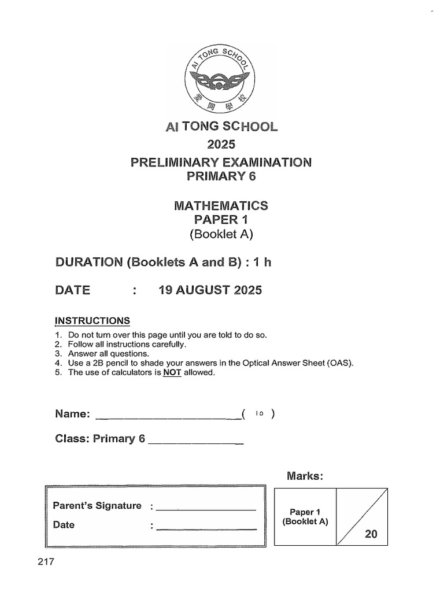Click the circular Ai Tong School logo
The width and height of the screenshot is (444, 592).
click(221, 77)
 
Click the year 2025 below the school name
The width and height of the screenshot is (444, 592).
click(221, 144)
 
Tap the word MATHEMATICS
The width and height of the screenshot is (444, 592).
click(221, 205)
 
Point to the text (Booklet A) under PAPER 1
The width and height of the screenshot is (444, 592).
click(221, 234)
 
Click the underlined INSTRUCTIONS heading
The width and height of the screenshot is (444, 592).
click(92, 321)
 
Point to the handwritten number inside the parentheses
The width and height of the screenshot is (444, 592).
click(260, 414)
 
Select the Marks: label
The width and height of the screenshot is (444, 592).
click(304, 476)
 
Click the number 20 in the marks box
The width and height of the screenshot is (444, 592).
click(370, 535)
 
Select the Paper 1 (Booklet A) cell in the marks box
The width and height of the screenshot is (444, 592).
click(305, 516)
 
